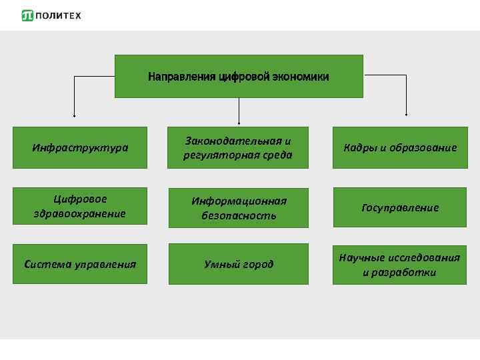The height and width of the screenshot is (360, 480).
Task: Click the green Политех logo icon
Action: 27,15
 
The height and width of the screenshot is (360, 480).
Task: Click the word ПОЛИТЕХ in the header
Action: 58,15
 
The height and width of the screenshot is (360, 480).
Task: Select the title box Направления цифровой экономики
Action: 239,77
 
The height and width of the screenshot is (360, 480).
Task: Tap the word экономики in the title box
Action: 299,77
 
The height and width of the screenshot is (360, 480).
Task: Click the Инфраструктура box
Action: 80,147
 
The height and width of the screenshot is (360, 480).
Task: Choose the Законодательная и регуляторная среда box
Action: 239,148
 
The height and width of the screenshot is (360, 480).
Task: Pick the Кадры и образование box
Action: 400,147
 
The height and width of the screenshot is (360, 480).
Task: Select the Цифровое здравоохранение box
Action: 80,206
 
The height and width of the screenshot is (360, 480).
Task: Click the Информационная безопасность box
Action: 239,208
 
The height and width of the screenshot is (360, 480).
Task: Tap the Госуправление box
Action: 400,207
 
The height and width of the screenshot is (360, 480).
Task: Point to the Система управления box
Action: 80,264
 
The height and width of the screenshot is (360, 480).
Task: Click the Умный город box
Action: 239,264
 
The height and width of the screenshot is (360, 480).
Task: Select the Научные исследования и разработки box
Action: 400,264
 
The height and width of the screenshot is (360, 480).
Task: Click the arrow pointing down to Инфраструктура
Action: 74,100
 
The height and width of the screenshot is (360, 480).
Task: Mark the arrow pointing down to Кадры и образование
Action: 406,100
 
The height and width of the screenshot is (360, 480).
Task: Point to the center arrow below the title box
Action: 239,111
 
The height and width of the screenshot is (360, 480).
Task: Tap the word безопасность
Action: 239,215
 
